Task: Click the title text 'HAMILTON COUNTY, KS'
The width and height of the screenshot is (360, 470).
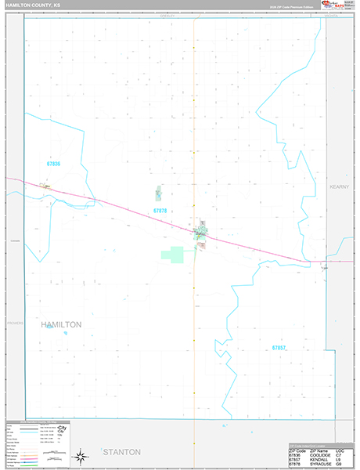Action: coord(34,5)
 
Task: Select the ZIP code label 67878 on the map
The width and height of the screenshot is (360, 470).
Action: coord(160,211)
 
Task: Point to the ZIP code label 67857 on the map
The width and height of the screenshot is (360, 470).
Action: coord(279,347)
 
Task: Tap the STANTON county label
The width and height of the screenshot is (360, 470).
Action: coord(121,452)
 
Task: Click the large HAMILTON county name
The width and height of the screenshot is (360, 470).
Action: coord(60,324)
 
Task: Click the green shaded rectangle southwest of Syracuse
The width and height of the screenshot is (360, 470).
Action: coord(177,255)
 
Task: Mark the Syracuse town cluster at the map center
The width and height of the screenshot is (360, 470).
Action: coord(200,233)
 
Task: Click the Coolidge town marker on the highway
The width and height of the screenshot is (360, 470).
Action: coord(45,186)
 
